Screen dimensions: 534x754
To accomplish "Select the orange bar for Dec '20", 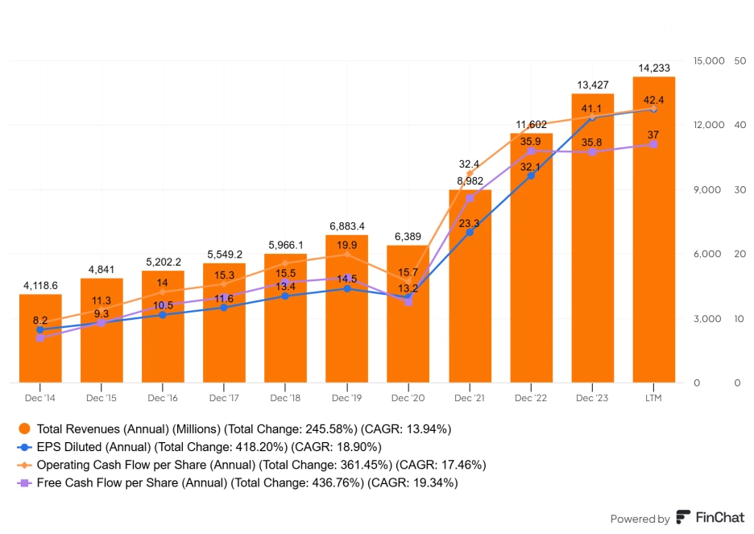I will coord(408,338).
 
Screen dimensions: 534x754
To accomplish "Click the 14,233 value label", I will coord(653,68).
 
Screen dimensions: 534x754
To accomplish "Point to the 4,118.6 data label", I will coord(40,285).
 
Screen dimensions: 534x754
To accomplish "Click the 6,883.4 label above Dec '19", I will coord(346,226).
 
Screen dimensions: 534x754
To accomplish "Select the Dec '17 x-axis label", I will coord(224,398).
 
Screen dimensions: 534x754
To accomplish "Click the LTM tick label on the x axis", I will coord(653,398).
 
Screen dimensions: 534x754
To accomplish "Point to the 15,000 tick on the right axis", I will coord(708,60).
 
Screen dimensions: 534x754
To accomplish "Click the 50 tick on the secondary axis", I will coord(739,60).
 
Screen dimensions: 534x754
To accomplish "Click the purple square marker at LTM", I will coord(653,144).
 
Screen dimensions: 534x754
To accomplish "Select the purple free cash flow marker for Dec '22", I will coord(531,151).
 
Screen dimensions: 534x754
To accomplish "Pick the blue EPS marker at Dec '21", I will coord(470,232).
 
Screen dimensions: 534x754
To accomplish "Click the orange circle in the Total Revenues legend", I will coord(25,428).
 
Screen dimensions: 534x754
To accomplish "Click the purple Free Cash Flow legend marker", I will coord(25,482).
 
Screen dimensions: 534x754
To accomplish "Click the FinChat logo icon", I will coord(683,518).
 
